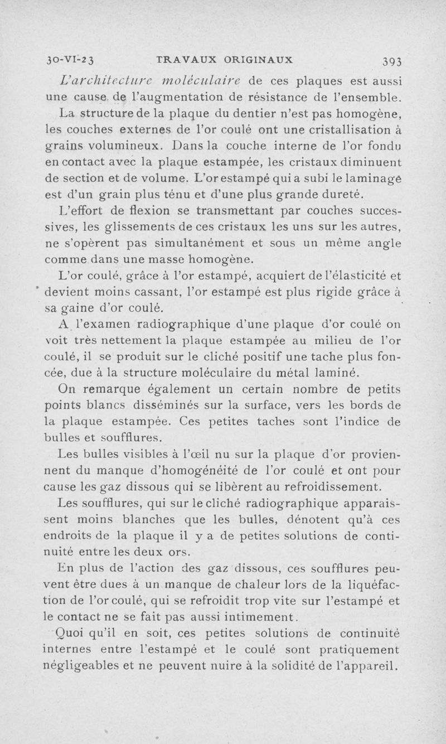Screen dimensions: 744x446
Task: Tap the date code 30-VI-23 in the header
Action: coord(70,59)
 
